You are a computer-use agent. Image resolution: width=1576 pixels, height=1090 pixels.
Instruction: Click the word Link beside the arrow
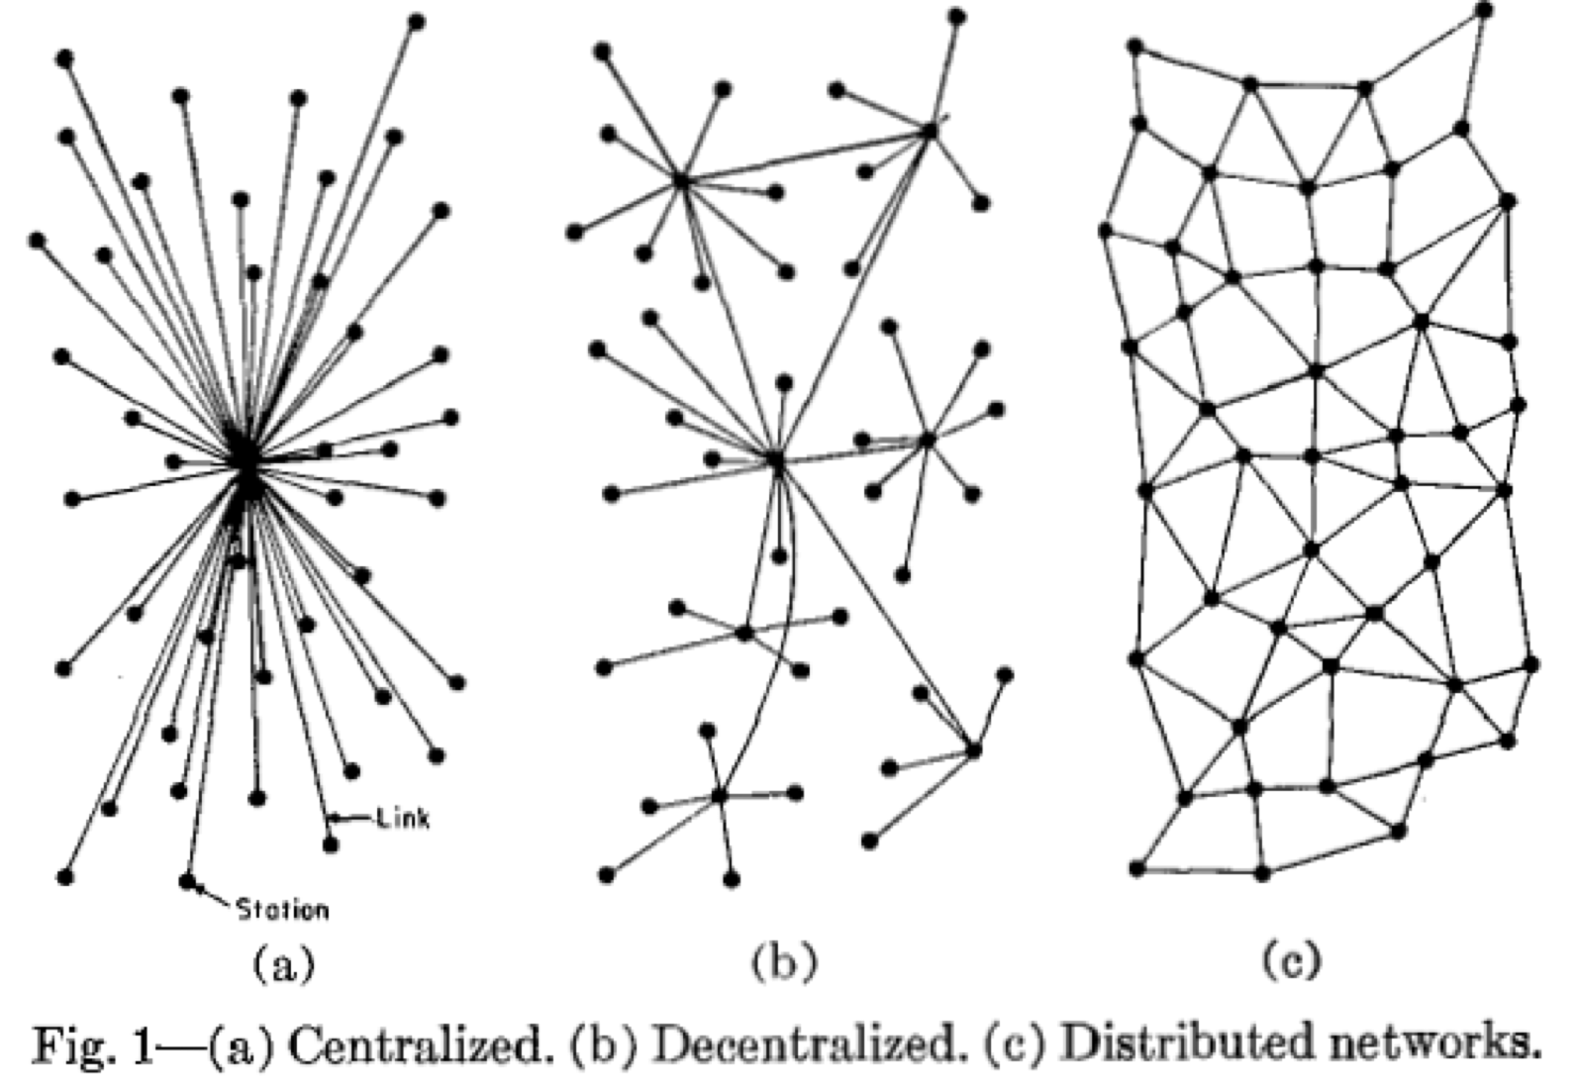(403, 819)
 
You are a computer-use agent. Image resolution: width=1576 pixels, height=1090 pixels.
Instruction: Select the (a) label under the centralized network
(283, 963)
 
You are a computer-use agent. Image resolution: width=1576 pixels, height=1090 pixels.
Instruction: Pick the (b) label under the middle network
(784, 963)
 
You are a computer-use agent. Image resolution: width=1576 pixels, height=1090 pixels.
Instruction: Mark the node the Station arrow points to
(187, 880)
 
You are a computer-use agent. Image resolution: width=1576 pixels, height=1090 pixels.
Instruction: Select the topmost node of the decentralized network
(957, 16)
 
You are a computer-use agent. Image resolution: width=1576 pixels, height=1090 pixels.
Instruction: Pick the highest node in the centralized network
(417, 22)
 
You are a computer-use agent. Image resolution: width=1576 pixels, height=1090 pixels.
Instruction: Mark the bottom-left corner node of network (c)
(1137, 869)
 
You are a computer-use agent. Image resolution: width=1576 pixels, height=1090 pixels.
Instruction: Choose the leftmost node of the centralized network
(37, 242)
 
